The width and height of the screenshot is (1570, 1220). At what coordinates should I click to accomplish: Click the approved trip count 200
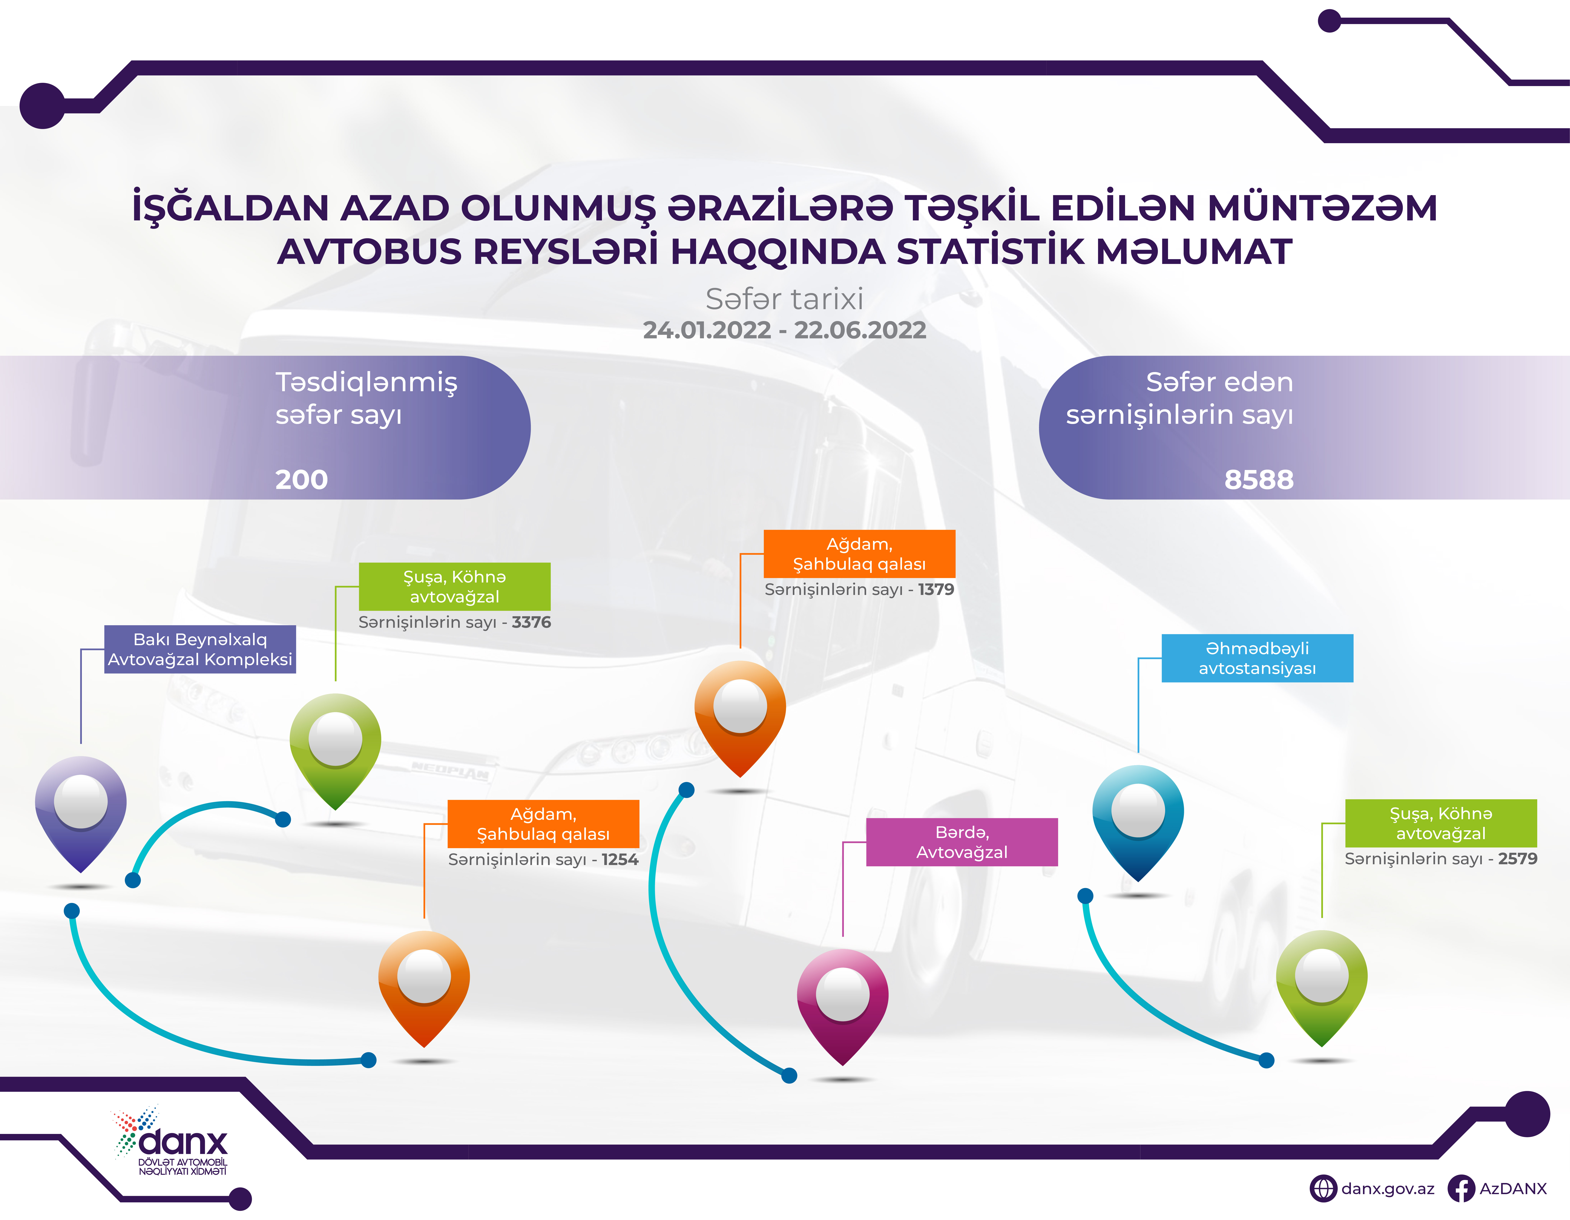coord(301,480)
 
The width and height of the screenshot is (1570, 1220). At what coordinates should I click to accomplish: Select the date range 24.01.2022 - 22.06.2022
coord(784,330)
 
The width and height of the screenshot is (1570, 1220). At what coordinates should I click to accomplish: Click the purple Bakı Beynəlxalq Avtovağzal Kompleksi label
coord(200,649)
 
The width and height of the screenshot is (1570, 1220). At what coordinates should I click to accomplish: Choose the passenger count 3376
coord(531,623)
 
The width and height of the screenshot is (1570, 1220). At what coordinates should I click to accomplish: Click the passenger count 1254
coord(620,860)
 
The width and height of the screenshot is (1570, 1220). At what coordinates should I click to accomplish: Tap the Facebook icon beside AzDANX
coord(1461,1189)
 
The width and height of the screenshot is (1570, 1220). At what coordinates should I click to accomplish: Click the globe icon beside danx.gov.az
coord(1323,1189)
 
